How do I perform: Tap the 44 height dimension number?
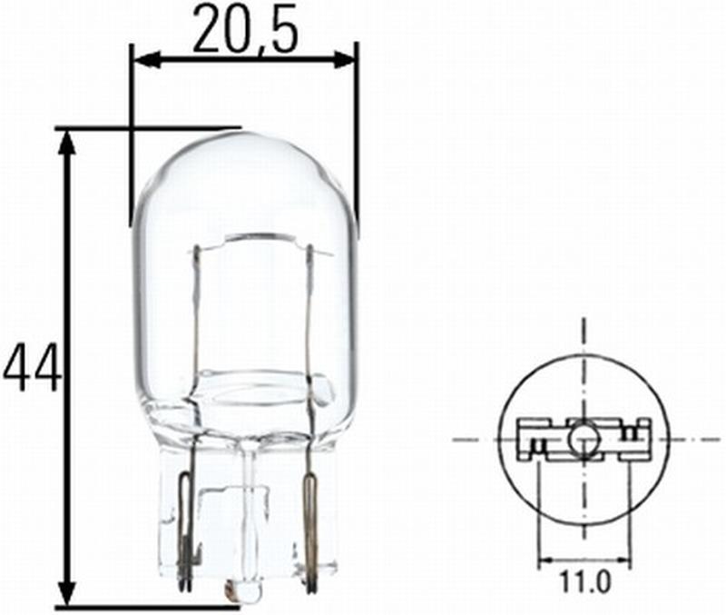pos(33,367)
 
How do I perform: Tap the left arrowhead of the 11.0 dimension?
pos(545,558)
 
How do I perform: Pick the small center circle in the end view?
pos(583,441)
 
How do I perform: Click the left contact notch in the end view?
pos(537,446)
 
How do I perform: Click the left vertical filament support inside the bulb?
pos(198,309)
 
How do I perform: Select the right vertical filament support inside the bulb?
pos(309,309)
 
